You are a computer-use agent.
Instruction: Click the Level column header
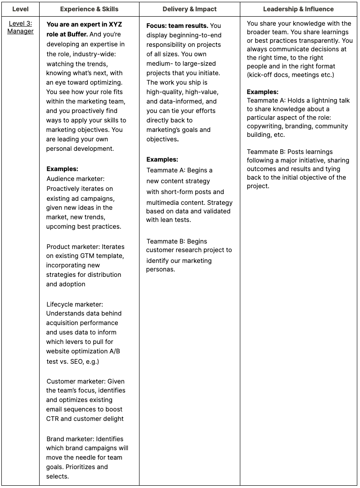[20, 9]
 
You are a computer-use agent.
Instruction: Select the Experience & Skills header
[89, 9]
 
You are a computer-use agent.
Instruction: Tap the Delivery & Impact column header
[189, 9]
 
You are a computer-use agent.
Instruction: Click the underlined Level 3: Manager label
[20, 27]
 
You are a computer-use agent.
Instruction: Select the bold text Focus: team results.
[177, 26]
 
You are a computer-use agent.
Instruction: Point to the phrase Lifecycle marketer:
[75, 304]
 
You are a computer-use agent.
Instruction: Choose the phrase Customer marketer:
[76, 381]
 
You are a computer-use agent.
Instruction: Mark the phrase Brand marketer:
[70, 439]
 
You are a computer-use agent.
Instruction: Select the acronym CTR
[54, 419]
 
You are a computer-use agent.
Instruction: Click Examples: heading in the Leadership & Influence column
[262, 92]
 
